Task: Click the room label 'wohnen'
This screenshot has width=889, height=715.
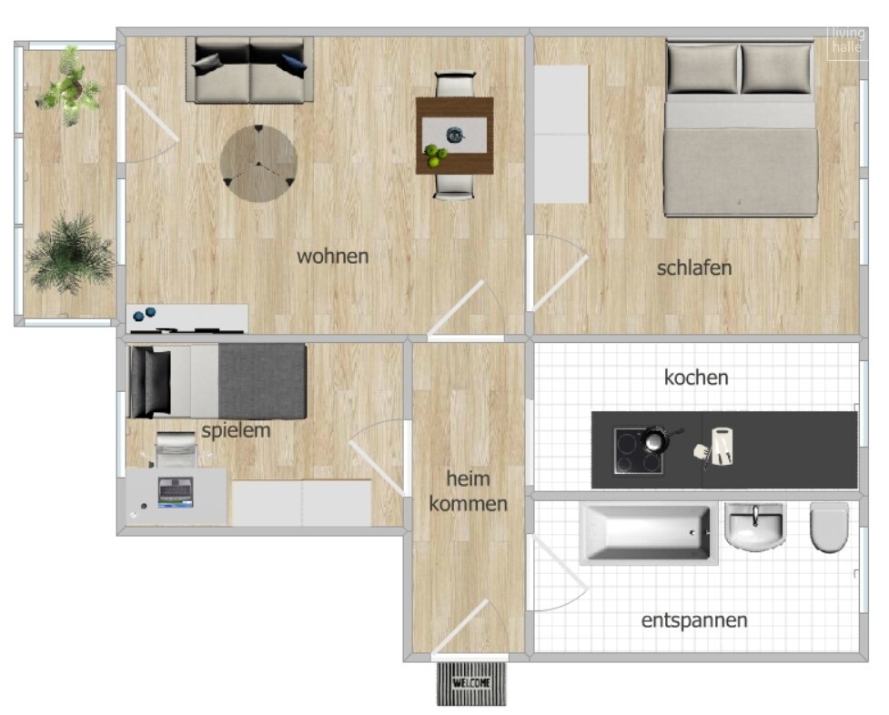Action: coord(333,257)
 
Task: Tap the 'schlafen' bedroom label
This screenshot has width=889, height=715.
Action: coord(694,267)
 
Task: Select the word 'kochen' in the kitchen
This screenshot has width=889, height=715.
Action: coord(696,378)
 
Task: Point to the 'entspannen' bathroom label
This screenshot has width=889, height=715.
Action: coord(694,620)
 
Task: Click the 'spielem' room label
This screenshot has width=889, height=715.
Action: coord(236,430)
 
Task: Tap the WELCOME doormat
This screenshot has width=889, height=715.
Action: coord(471,683)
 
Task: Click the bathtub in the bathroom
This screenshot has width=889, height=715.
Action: coord(648,534)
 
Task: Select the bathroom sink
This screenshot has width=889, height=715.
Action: coord(754,527)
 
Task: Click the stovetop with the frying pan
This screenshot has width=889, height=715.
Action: coord(640,451)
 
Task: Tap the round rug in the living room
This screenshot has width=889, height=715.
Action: coord(258,164)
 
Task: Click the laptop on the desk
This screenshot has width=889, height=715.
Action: coord(176,492)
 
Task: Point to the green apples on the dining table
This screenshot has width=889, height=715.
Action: coord(436,156)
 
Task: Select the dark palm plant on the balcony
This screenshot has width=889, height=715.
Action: coord(69,254)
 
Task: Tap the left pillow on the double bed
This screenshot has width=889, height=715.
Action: coord(703,68)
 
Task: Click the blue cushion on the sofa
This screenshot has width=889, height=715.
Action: coord(294,64)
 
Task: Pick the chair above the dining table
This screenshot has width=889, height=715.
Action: coord(454,84)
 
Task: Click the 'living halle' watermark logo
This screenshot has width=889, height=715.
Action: coord(848,40)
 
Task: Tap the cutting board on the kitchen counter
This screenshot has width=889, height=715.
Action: coord(722,447)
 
